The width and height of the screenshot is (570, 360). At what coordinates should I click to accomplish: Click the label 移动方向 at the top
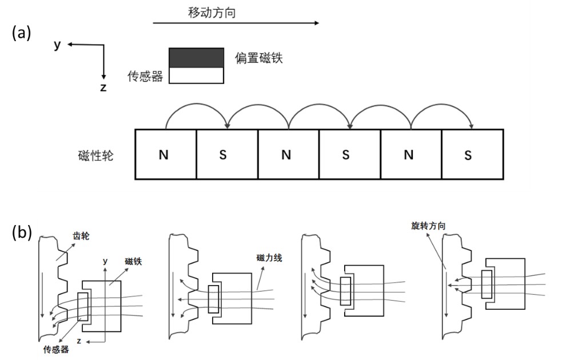point(212,13)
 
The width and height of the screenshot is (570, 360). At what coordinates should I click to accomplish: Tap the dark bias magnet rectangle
point(196,58)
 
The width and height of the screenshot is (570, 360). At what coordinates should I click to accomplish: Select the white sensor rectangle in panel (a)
point(196,75)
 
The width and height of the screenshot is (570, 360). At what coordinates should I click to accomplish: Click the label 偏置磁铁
point(258,58)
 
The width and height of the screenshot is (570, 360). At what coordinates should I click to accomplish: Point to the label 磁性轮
point(95,155)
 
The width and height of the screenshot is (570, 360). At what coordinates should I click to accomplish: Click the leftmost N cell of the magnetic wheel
point(166,154)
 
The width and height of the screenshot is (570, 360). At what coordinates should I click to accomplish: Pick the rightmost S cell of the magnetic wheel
point(473,154)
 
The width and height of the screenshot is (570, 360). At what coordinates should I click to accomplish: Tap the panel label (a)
point(22,33)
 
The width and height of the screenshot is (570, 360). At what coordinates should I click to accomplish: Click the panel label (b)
point(22,232)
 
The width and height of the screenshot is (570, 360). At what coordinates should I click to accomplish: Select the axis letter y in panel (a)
point(57,45)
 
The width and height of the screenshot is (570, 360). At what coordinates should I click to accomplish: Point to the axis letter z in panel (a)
point(103,87)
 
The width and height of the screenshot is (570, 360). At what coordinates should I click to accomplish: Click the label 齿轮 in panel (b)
point(81,236)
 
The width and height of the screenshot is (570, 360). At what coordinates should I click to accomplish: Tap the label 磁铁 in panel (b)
point(133,261)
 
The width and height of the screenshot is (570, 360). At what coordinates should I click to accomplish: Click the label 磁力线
point(269,258)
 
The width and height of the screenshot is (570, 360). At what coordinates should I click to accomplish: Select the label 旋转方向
point(428,226)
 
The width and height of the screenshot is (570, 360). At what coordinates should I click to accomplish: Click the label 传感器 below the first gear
point(56,349)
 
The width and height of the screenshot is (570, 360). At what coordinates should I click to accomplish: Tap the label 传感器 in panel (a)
point(145,77)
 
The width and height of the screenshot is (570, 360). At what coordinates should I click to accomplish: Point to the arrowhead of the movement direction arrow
point(317,23)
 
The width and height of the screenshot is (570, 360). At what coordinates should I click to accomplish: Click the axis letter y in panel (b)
point(105,261)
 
